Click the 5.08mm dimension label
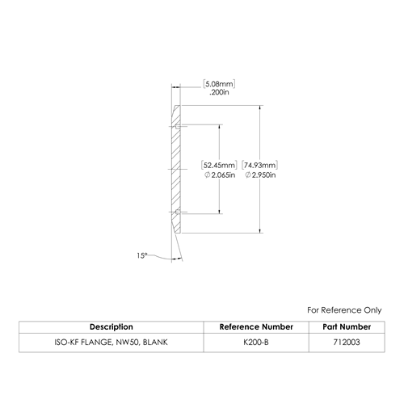pyautogui.click(x=219, y=84)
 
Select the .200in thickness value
pyautogui.click(x=219, y=92)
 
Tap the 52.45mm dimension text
pyautogui.click(x=219, y=165)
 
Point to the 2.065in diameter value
pyautogui.click(x=220, y=175)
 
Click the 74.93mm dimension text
pyautogui.click(x=259, y=165)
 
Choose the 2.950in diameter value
pyautogui.click(x=260, y=175)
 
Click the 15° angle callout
pyautogui.click(x=142, y=255)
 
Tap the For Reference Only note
pyautogui.click(x=344, y=310)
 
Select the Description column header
pyautogui.click(x=112, y=327)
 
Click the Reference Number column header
pyautogui.click(x=256, y=327)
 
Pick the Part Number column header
pyautogui.click(x=347, y=327)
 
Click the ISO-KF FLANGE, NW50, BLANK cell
pyautogui.click(x=111, y=343)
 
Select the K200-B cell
pyautogui.click(x=256, y=343)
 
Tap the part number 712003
pyautogui.click(x=347, y=343)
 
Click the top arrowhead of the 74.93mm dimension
pyautogui.click(x=260, y=107)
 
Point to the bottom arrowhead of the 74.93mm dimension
pyautogui.click(x=260, y=230)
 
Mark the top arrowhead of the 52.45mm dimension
pyautogui.click(x=220, y=127)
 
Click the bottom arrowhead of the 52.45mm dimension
pyautogui.click(x=220, y=212)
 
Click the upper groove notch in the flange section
pyautogui.click(x=178, y=127)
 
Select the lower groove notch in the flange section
pyautogui.click(x=178, y=213)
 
